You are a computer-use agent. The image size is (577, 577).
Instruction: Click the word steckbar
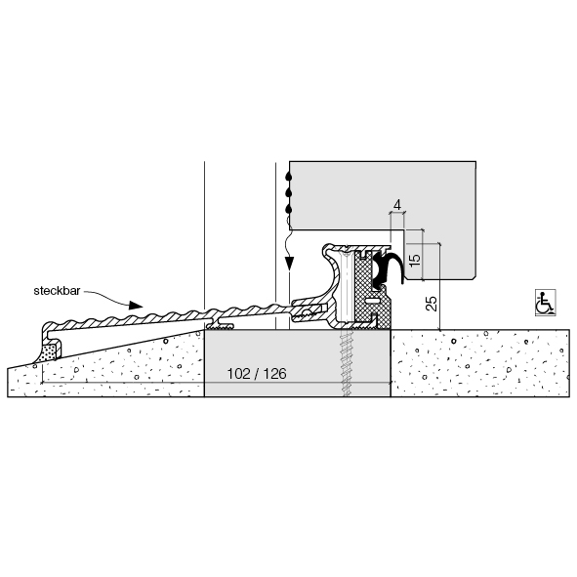coord(57,291)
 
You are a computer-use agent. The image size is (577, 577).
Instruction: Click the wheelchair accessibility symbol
coord(546,303)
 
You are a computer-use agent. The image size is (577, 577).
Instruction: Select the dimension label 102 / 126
coord(257,374)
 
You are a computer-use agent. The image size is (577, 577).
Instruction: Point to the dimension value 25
coord(432,304)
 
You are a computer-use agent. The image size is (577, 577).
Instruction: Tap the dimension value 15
coord(414,259)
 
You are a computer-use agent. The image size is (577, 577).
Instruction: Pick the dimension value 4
coord(397,205)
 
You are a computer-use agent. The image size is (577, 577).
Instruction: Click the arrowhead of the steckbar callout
coord(136,305)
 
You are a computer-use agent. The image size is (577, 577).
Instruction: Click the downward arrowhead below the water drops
coord(290,263)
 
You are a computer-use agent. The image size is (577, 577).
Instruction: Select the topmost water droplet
coord(290,177)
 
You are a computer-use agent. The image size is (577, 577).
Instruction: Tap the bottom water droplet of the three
coord(290,209)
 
